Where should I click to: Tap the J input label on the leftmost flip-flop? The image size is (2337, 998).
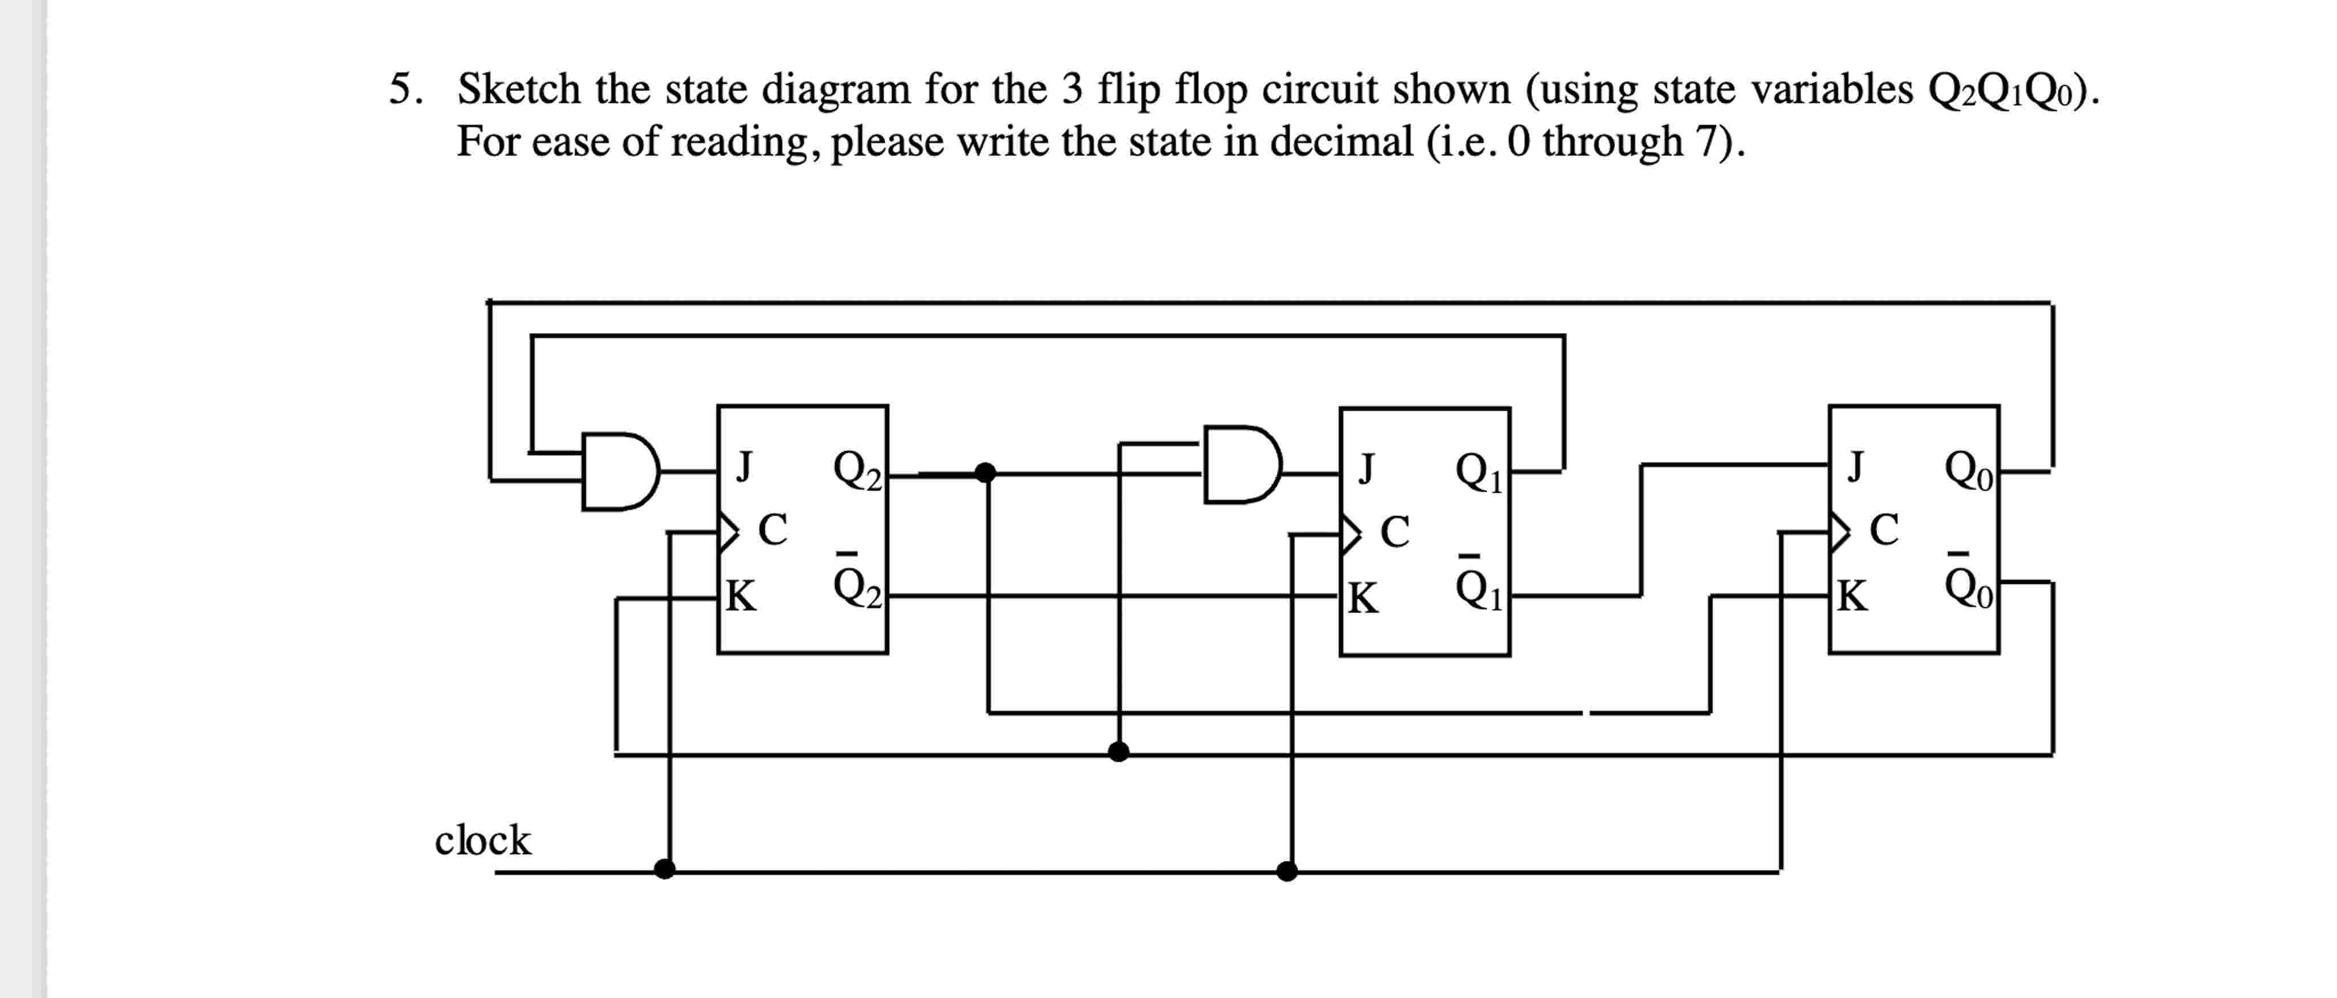click(743, 466)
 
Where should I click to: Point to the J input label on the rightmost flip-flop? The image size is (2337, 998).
click(1856, 466)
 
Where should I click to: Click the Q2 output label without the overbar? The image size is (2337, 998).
click(856, 470)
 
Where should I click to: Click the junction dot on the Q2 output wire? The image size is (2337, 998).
click(985, 472)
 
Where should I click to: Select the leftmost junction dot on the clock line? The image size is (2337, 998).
click(665, 869)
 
